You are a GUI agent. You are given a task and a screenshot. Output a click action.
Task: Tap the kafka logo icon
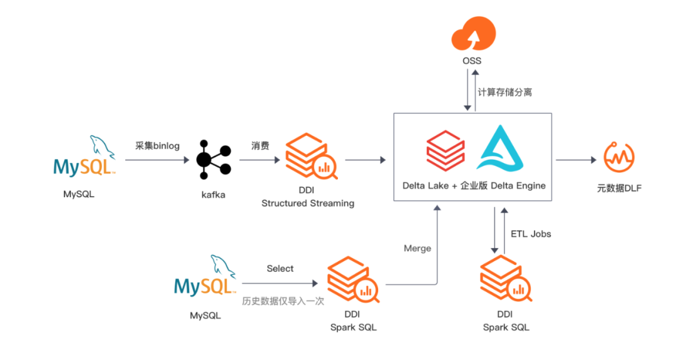coord(213,160)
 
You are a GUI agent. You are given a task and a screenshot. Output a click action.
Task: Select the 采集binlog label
coord(157,146)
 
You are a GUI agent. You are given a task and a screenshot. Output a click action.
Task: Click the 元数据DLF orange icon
coord(620,157)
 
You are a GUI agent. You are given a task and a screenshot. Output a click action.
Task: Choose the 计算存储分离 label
coord(505,92)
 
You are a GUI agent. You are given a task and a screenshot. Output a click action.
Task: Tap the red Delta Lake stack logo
coord(446,150)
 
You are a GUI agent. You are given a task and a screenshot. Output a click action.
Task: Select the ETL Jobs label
coord(531,234)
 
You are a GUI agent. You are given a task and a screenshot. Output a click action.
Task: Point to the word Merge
coord(417,248)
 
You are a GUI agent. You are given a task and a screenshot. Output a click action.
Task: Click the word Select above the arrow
coord(280,269)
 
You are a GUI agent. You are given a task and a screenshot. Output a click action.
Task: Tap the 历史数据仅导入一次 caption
coord(283,301)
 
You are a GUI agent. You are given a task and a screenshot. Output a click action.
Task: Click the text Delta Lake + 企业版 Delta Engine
coord(474,185)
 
